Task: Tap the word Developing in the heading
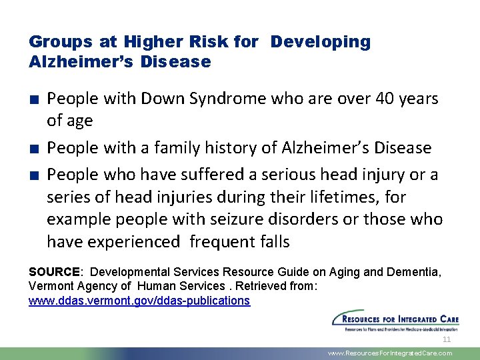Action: (x=320, y=42)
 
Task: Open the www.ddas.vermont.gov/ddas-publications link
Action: (x=139, y=301)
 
